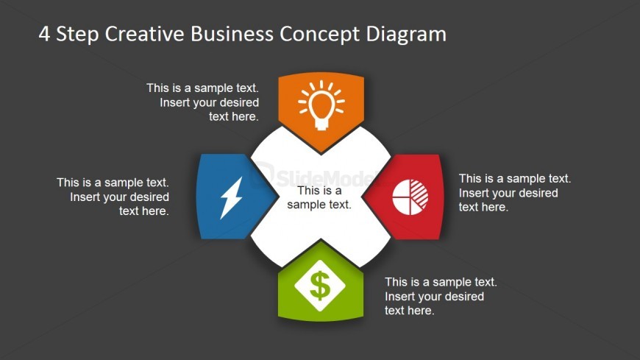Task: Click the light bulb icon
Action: pyautogui.click(x=321, y=105)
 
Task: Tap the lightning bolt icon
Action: pyautogui.click(x=232, y=198)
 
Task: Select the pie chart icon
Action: pyautogui.click(x=410, y=197)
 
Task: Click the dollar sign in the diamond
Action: pyautogui.click(x=320, y=286)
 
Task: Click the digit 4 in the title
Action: pyautogui.click(x=44, y=34)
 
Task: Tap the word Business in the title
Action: pyautogui.click(x=232, y=34)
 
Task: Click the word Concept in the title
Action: pyautogui.click(x=319, y=35)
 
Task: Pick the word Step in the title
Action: pyautogui.click(x=77, y=35)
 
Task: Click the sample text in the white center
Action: pyautogui.click(x=319, y=197)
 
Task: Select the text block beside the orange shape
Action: pyautogui.click(x=203, y=102)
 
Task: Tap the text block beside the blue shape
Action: pyautogui.click(x=113, y=197)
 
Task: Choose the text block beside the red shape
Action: pyautogui.click(x=515, y=193)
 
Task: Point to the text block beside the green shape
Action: pyautogui.click(x=441, y=296)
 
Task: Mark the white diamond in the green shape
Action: pyautogui.click(x=320, y=286)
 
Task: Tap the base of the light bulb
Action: pyautogui.click(x=321, y=124)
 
